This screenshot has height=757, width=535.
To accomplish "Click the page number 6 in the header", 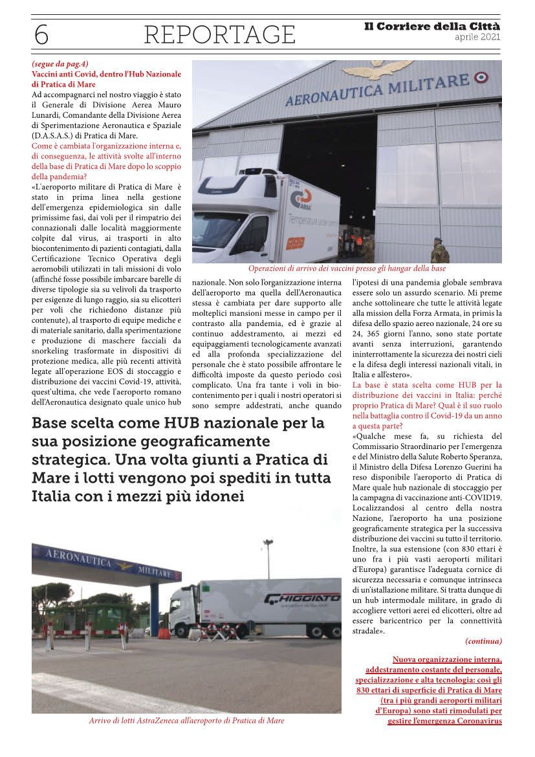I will coord(41,34).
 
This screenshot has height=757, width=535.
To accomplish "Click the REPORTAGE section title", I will coord(219,34).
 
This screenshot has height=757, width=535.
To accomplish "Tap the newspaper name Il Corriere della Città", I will coord(433,27).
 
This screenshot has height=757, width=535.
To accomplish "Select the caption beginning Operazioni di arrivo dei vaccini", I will coord(347,269).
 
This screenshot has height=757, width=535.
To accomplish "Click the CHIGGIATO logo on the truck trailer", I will coord(302,598).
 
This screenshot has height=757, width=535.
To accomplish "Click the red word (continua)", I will coord(483,641).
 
